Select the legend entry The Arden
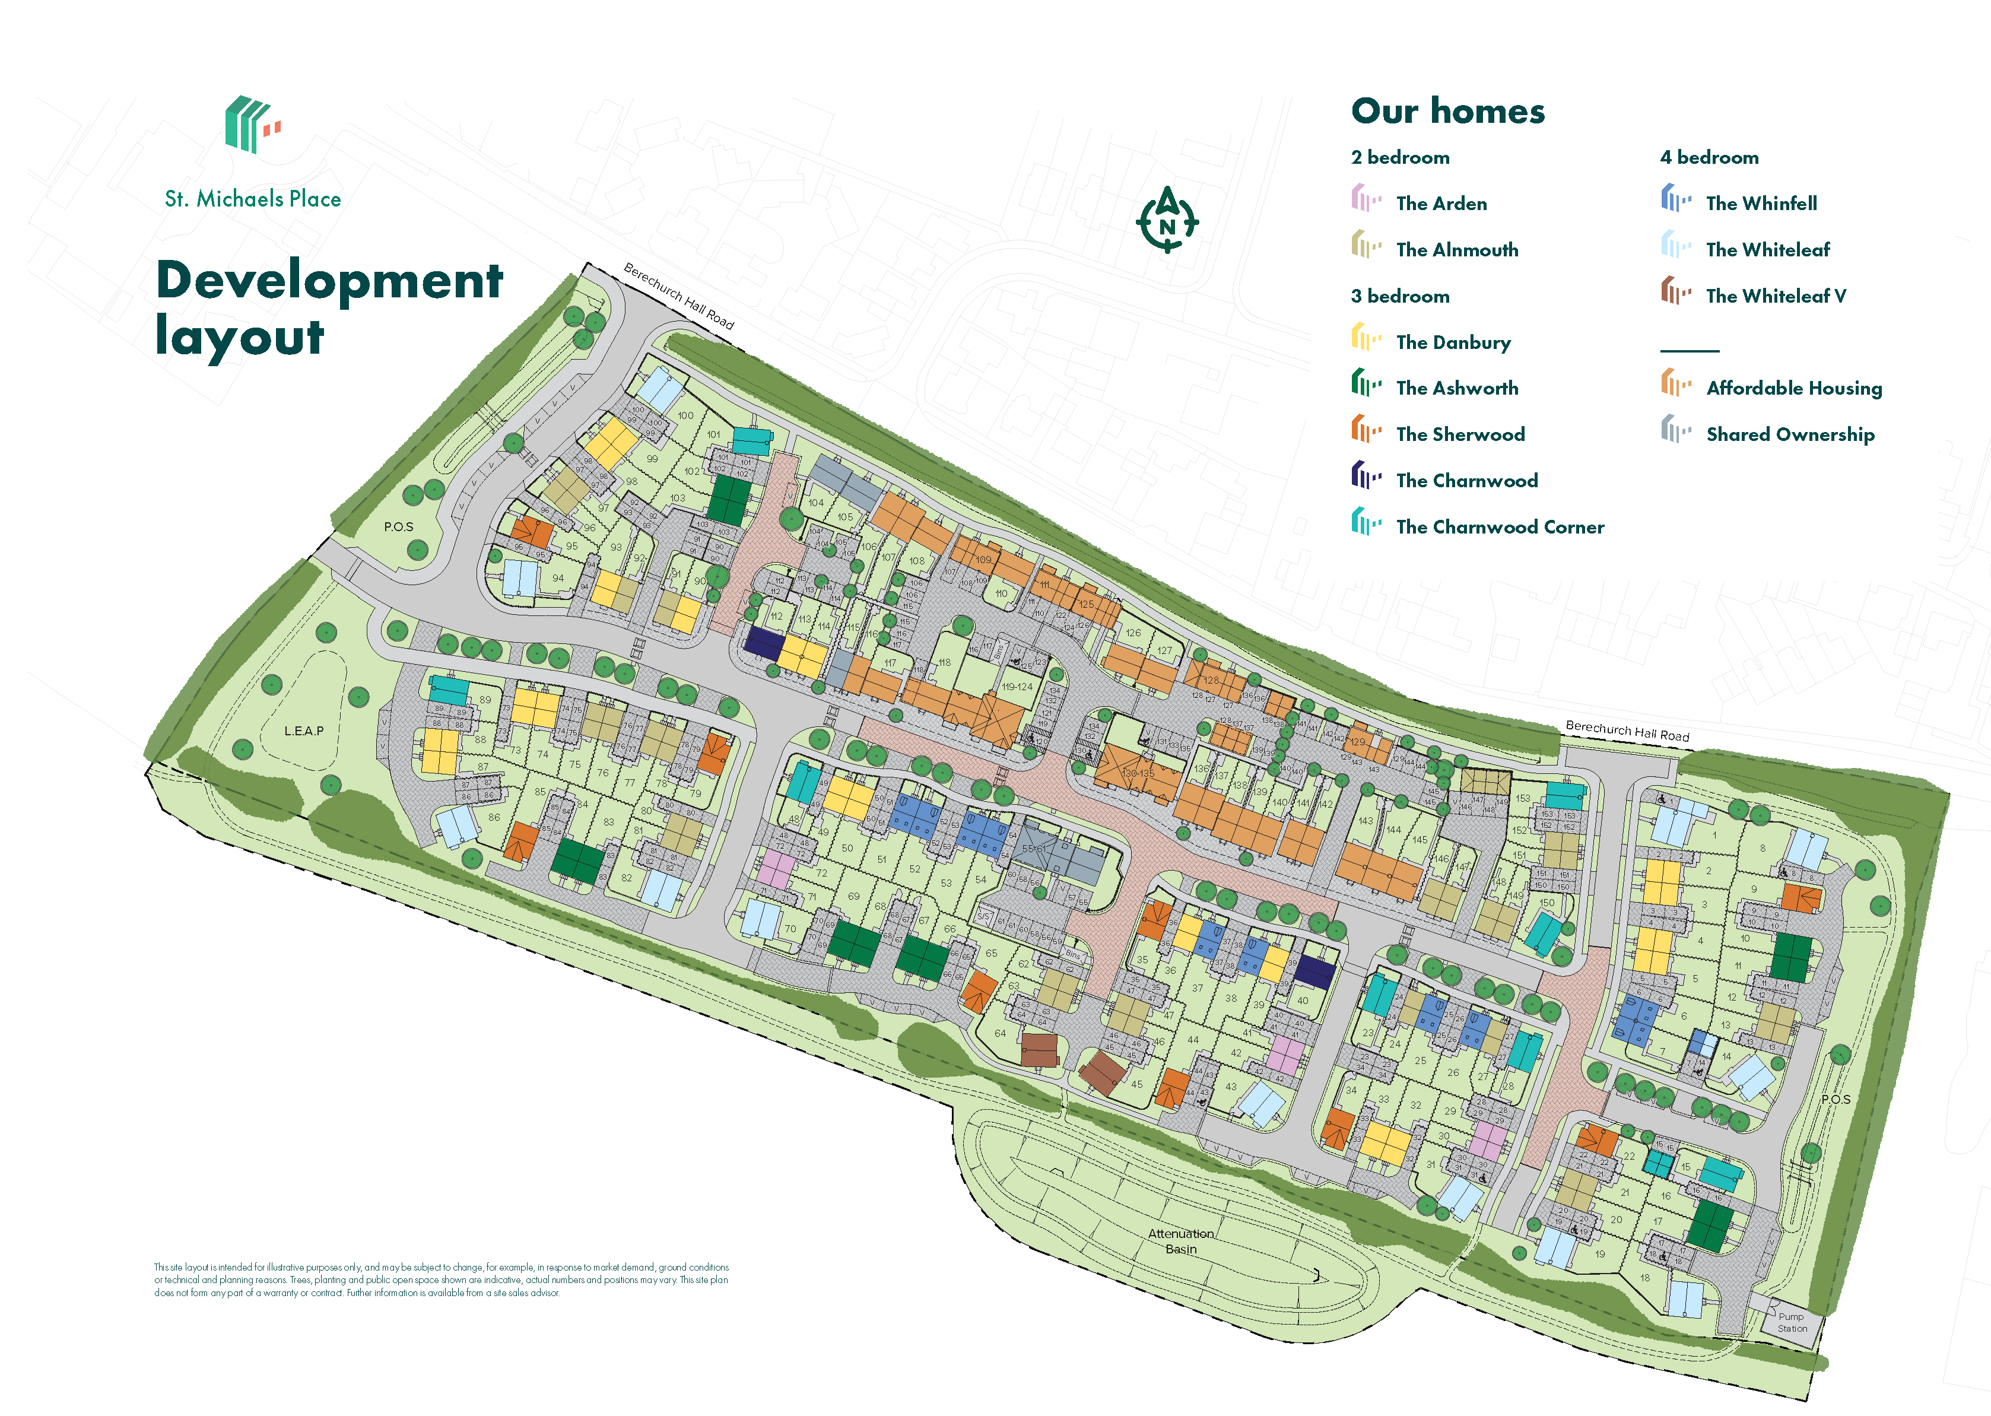point(1440,203)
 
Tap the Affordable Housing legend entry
point(1793,388)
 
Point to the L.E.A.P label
point(303,731)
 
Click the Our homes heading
point(1447,112)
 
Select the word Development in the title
point(329,280)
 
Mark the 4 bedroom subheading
point(1709,157)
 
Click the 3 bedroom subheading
point(1399,296)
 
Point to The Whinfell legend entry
point(1761,203)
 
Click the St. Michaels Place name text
point(253,199)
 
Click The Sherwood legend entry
point(1459,434)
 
